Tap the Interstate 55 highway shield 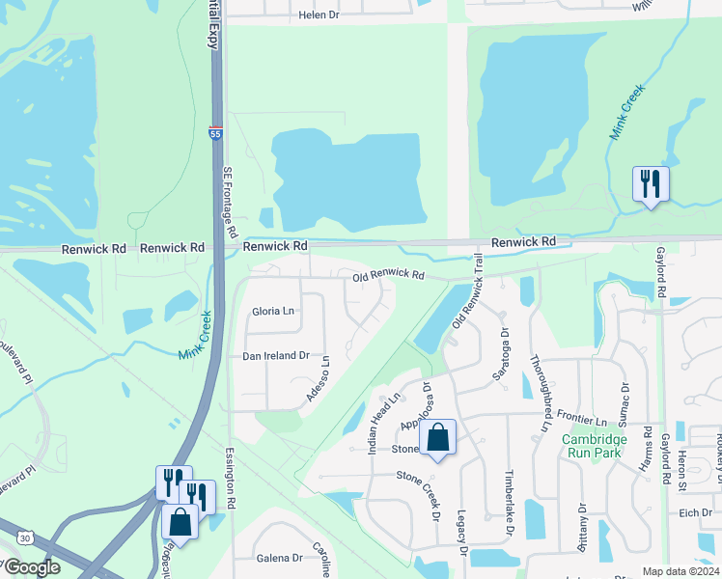click(x=213, y=132)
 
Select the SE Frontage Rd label click(x=229, y=203)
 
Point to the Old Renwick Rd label click(x=388, y=275)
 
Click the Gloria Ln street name click(x=272, y=311)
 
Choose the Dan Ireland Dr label click(x=275, y=355)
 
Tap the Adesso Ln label click(x=318, y=380)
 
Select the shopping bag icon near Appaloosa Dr click(x=437, y=438)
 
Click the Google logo click(x=32, y=566)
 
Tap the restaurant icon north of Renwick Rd click(x=650, y=182)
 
